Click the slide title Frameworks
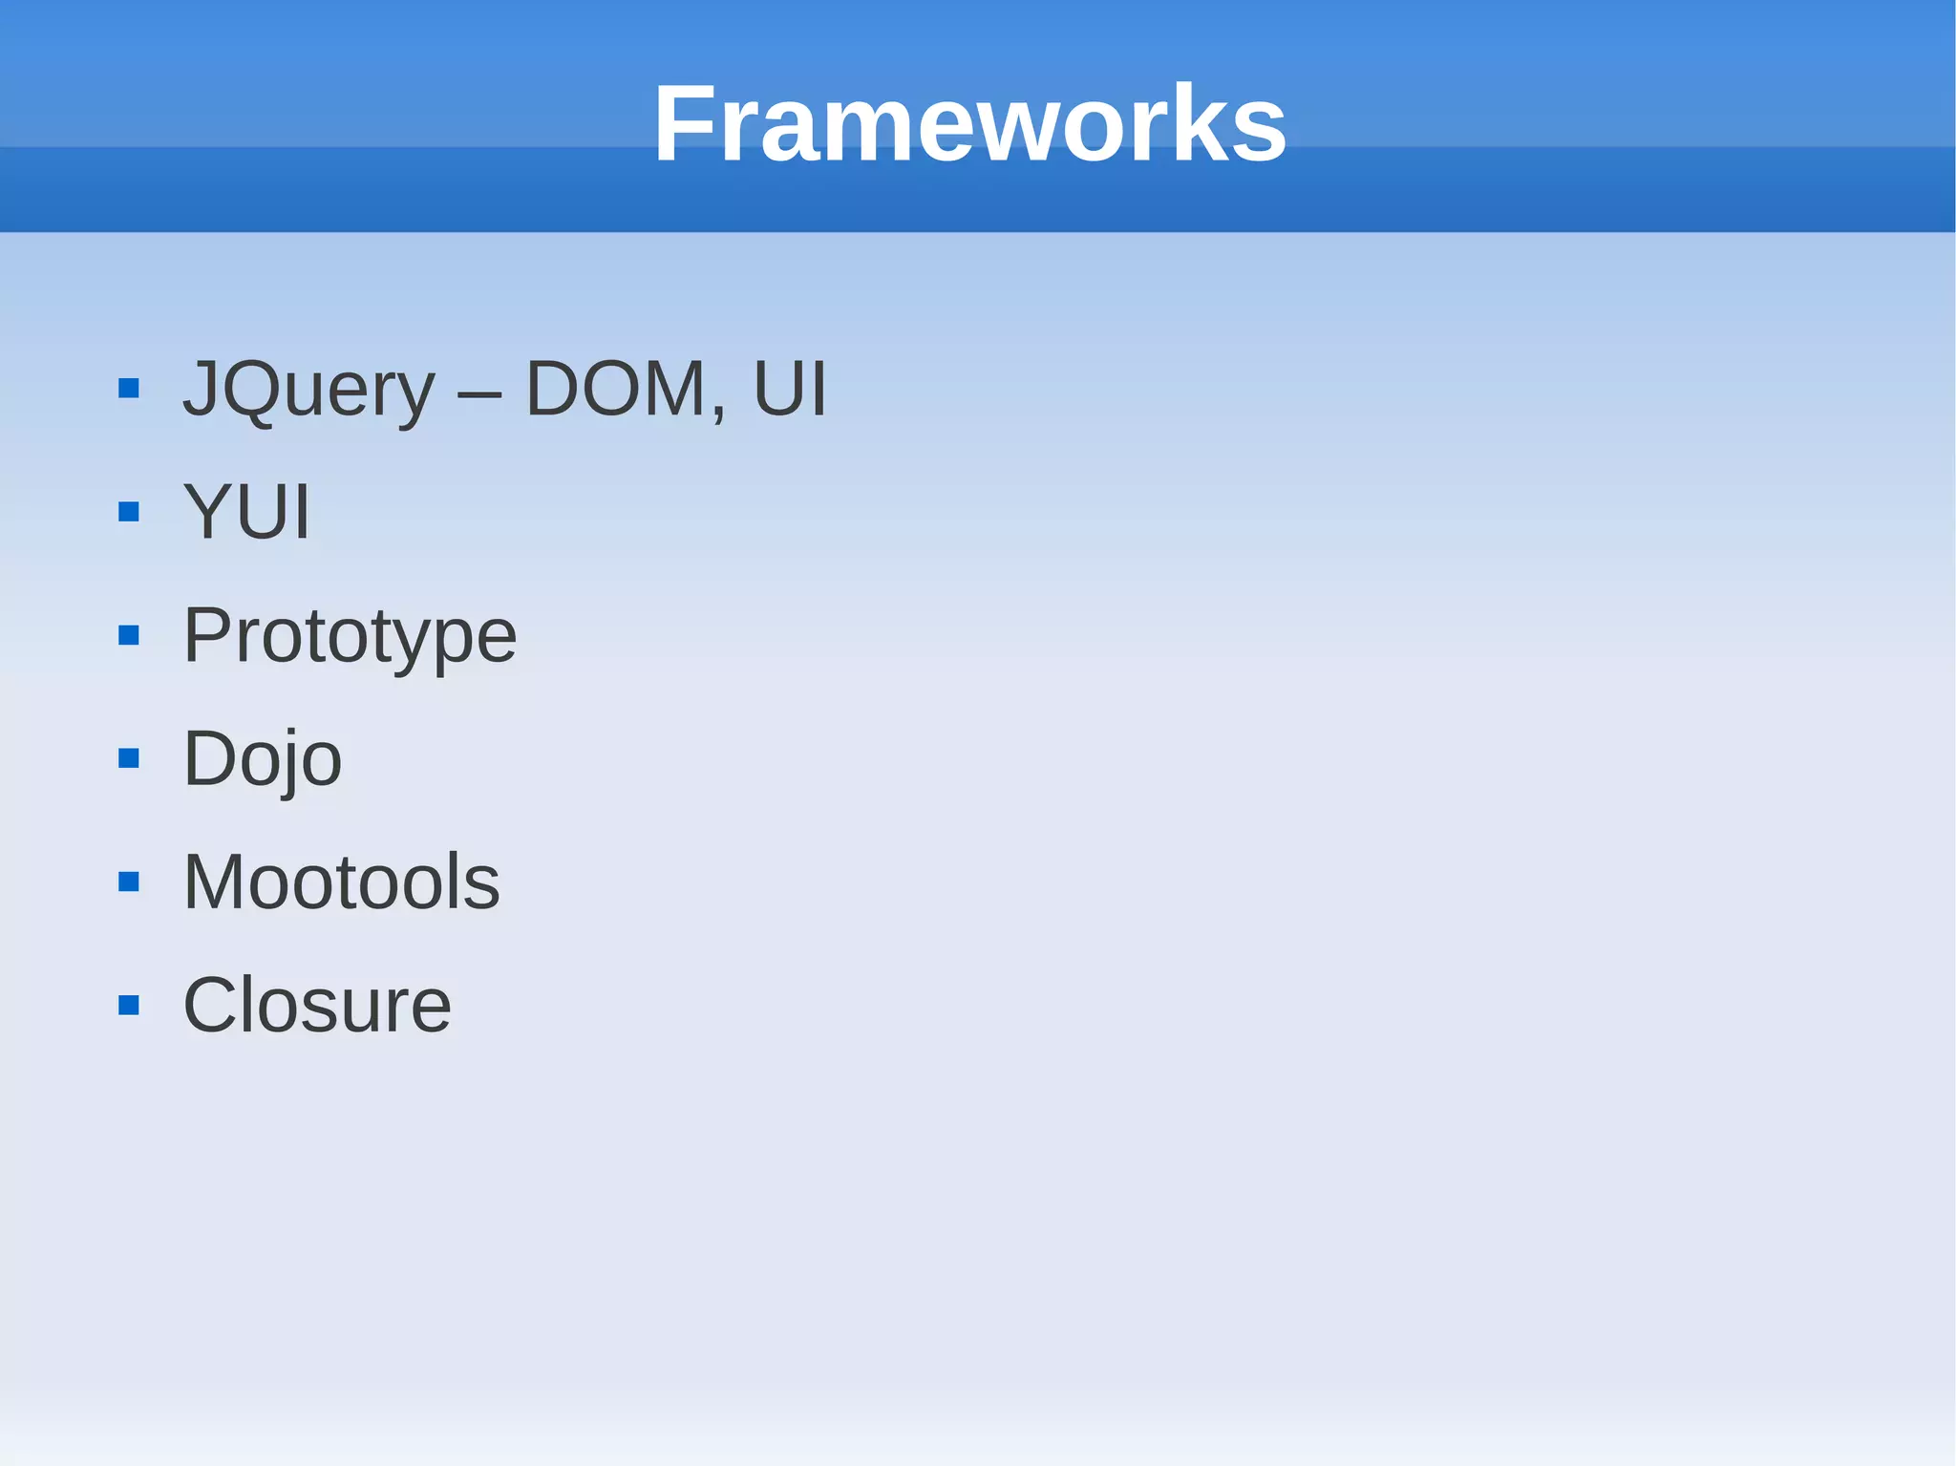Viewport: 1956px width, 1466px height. pyautogui.click(x=969, y=124)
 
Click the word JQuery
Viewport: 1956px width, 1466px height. pyautogui.click(x=308, y=390)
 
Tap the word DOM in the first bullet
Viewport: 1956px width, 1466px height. pyautogui.click(x=615, y=389)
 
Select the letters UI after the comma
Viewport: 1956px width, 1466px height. pyautogui.click(x=789, y=389)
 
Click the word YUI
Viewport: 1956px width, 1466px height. pyautogui.click(x=246, y=512)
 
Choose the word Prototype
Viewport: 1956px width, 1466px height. pyautogui.click(x=350, y=637)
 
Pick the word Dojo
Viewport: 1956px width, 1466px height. pyautogui.click(x=262, y=759)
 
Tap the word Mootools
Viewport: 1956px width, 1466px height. pyautogui.click(x=341, y=882)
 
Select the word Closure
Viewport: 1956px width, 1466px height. pyautogui.click(x=316, y=1005)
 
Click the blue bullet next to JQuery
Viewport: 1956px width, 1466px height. pyautogui.click(x=129, y=389)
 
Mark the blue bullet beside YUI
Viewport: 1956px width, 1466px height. pyautogui.click(x=129, y=513)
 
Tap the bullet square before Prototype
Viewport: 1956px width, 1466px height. pyautogui.click(x=129, y=636)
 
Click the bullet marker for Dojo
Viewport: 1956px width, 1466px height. pyautogui.click(x=129, y=759)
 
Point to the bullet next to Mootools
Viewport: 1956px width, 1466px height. pyautogui.click(x=129, y=882)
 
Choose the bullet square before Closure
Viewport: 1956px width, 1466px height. pyautogui.click(x=129, y=1006)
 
